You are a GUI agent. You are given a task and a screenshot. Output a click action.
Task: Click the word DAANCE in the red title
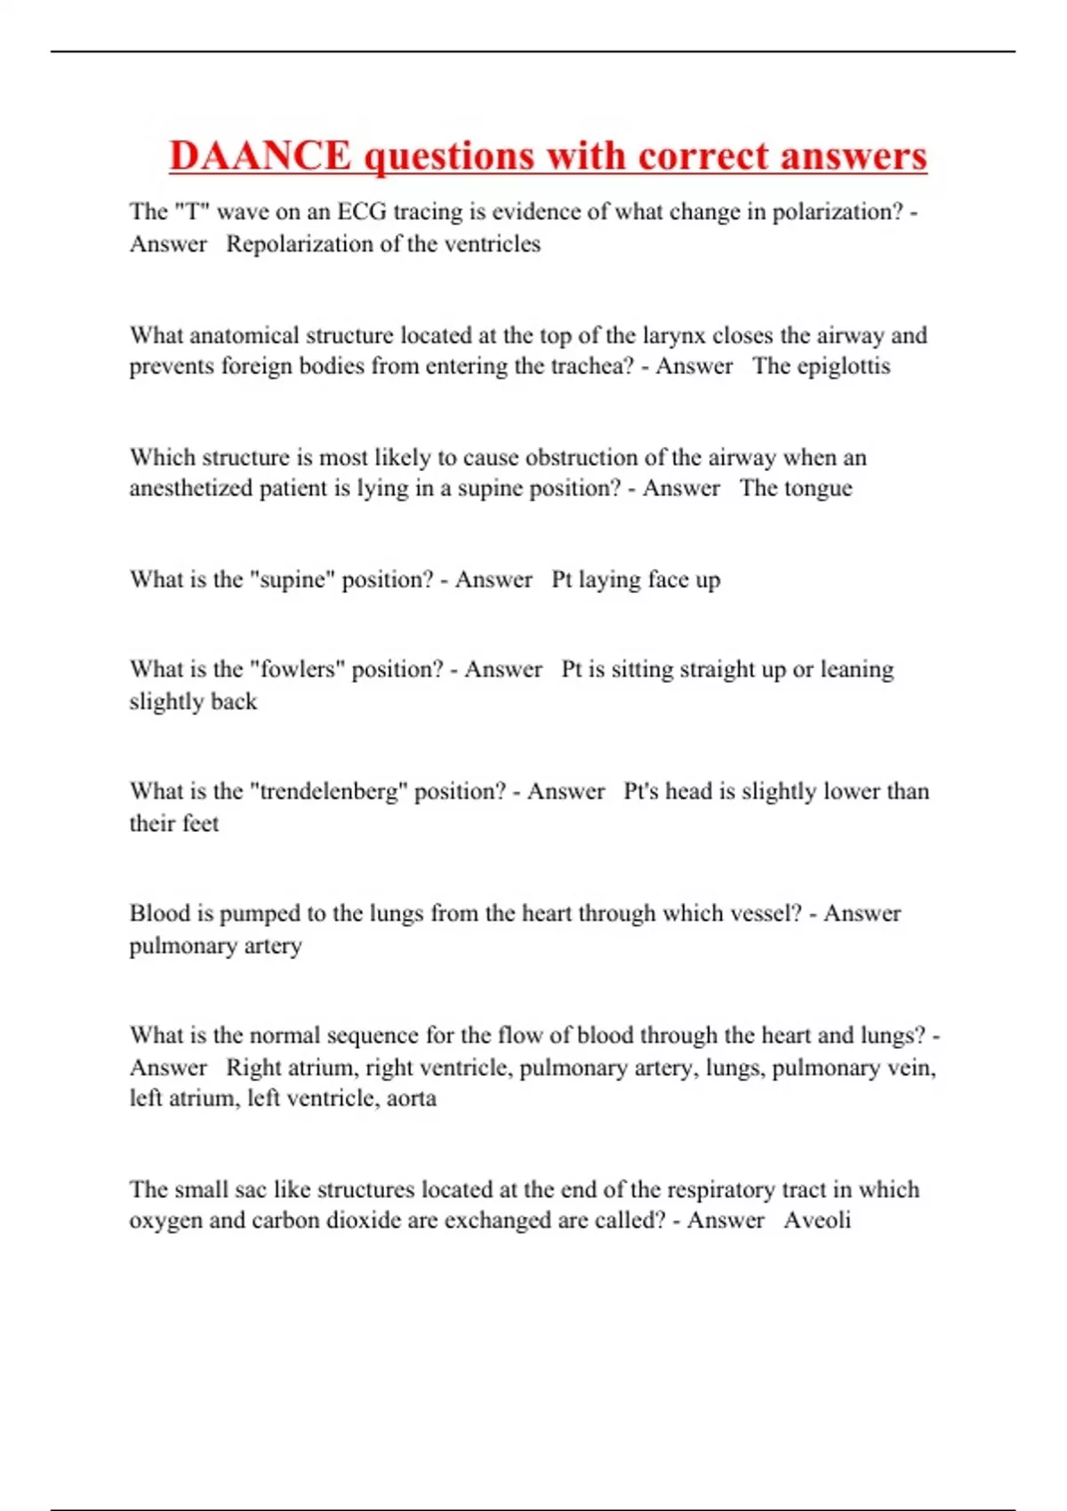(261, 156)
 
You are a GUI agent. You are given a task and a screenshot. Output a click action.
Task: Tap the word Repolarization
(296, 244)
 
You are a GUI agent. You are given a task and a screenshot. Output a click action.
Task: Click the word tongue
(819, 489)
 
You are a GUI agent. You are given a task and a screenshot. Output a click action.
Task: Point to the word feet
(199, 824)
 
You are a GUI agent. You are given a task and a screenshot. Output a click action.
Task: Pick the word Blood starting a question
(159, 914)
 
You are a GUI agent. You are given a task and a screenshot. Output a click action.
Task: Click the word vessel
(768, 914)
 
